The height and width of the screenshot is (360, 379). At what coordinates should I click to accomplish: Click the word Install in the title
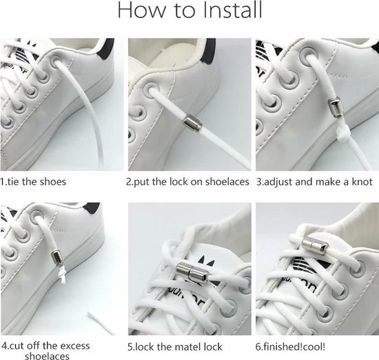click(x=232, y=10)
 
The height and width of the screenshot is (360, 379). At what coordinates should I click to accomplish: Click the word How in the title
click(x=141, y=10)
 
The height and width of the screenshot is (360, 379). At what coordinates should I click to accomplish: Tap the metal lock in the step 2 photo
click(x=193, y=123)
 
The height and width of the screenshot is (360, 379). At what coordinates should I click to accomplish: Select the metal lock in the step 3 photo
click(x=334, y=107)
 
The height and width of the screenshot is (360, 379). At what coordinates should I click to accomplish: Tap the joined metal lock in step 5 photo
click(x=192, y=272)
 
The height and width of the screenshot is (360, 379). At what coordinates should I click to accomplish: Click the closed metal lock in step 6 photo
click(x=315, y=246)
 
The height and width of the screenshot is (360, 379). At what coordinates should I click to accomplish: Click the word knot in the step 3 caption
click(x=362, y=182)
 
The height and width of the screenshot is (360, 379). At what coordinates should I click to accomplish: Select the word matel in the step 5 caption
click(x=179, y=347)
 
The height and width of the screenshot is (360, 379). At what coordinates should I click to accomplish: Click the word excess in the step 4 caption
click(x=75, y=346)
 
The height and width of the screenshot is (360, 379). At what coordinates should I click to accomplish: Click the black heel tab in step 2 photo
click(x=209, y=50)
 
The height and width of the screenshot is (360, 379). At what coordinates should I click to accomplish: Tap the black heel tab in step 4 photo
click(x=92, y=207)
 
